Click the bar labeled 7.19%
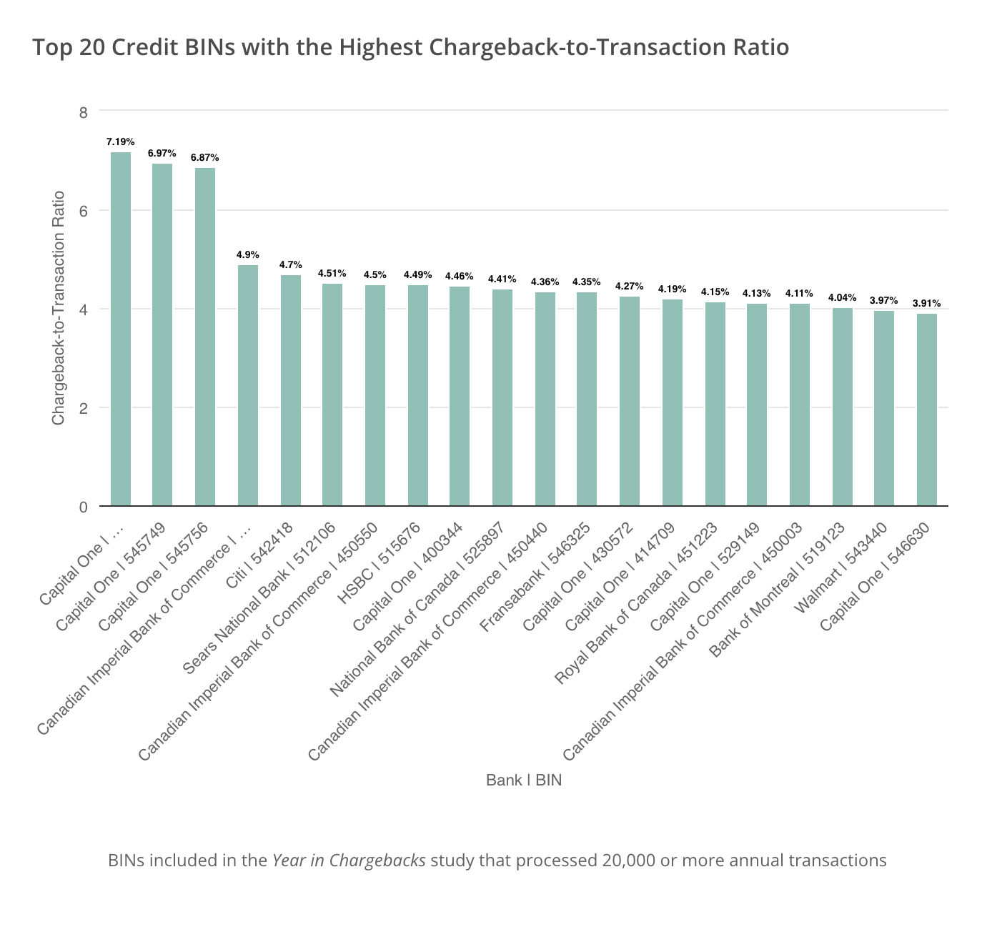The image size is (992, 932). tap(121, 329)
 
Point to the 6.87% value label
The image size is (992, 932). tap(204, 157)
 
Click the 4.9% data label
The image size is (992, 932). tap(248, 254)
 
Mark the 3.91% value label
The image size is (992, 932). tap(926, 303)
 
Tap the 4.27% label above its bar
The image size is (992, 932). tap(630, 286)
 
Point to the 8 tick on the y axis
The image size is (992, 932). tap(84, 112)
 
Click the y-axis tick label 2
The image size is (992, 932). tap(84, 408)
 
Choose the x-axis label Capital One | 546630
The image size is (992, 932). tap(878, 576)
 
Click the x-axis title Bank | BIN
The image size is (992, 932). tap(524, 780)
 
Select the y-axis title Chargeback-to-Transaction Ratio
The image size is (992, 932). tap(59, 308)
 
